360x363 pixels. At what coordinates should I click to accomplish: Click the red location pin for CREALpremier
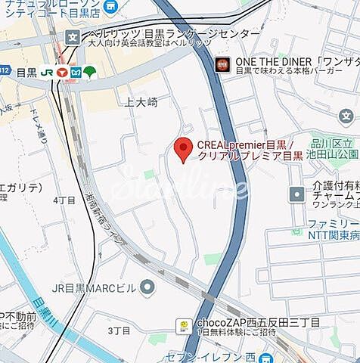(x=182, y=149)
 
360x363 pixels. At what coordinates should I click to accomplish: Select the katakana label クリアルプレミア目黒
(x=250, y=157)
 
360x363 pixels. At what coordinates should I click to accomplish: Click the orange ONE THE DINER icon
(x=222, y=63)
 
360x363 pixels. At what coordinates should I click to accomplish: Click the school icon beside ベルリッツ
(x=73, y=36)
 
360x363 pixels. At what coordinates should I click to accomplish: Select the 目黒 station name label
(x=26, y=73)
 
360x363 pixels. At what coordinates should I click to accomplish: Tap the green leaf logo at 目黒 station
(x=89, y=72)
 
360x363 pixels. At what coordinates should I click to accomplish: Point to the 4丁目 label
(x=64, y=200)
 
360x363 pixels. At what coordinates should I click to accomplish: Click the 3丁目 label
(x=119, y=331)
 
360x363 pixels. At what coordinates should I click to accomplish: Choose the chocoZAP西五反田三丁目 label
(x=257, y=321)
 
